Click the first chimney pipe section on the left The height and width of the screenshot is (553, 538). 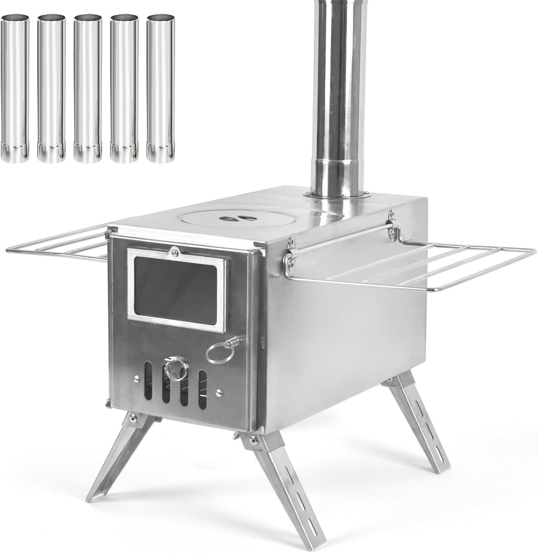coord(15,88)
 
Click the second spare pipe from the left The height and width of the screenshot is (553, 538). coord(51,88)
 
